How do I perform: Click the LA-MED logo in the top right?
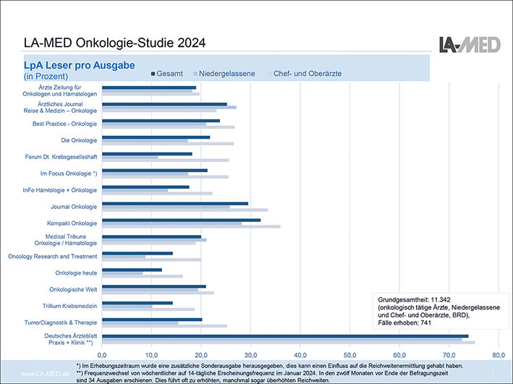pyautogui.click(x=470, y=43)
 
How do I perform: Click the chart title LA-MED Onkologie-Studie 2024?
pyautogui.click(x=114, y=43)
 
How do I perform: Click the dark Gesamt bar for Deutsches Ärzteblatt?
pyautogui.click(x=285, y=336)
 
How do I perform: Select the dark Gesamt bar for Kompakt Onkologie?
pyautogui.click(x=181, y=220)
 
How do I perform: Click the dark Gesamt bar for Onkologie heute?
pyautogui.click(x=132, y=270)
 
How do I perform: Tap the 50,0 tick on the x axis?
pyautogui.click(x=349, y=355)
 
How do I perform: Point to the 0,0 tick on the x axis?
pyautogui.click(x=102, y=355)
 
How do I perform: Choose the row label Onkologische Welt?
pyautogui.click(x=71, y=289)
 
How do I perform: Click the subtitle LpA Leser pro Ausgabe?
pyautogui.click(x=79, y=65)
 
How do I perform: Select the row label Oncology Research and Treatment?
pyautogui.click(x=52, y=256)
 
